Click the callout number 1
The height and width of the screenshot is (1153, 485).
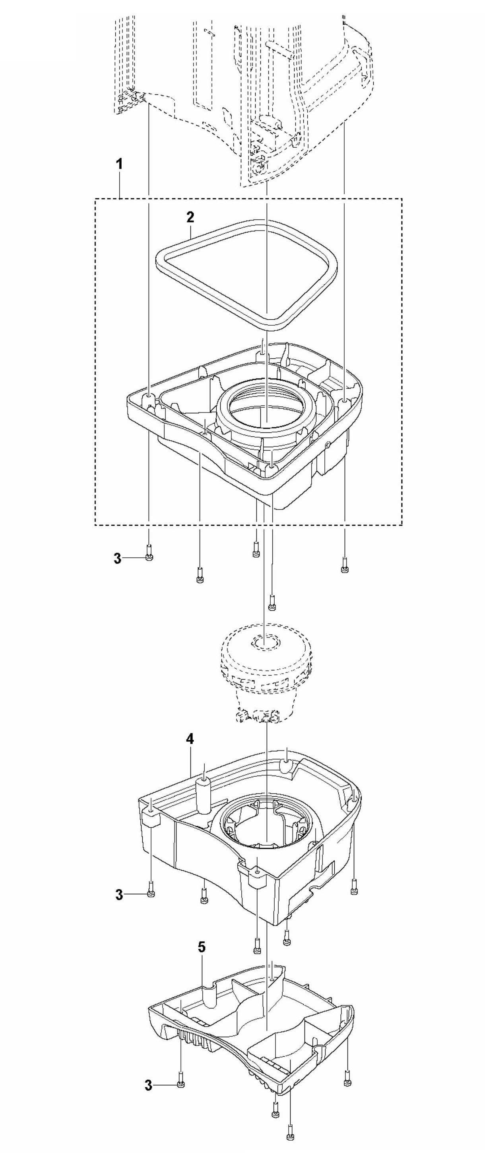[119, 164]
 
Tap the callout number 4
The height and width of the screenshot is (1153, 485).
[190, 739]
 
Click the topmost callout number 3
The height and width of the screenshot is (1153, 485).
[117, 558]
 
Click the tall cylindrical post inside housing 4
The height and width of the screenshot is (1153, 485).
[204, 794]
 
